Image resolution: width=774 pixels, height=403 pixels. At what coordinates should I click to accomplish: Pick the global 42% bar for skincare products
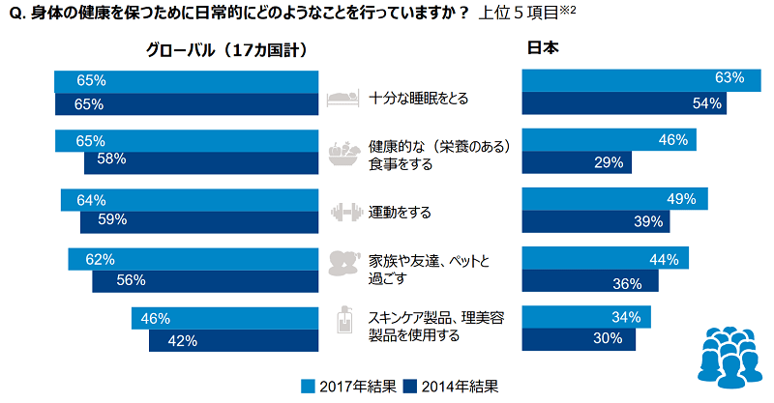click(x=233, y=340)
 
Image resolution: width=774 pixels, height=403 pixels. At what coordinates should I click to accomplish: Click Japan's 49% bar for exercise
click(x=614, y=199)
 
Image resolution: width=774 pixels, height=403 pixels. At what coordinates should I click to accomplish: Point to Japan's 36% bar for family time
click(x=589, y=282)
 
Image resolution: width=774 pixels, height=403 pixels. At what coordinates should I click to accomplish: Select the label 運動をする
click(x=400, y=212)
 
